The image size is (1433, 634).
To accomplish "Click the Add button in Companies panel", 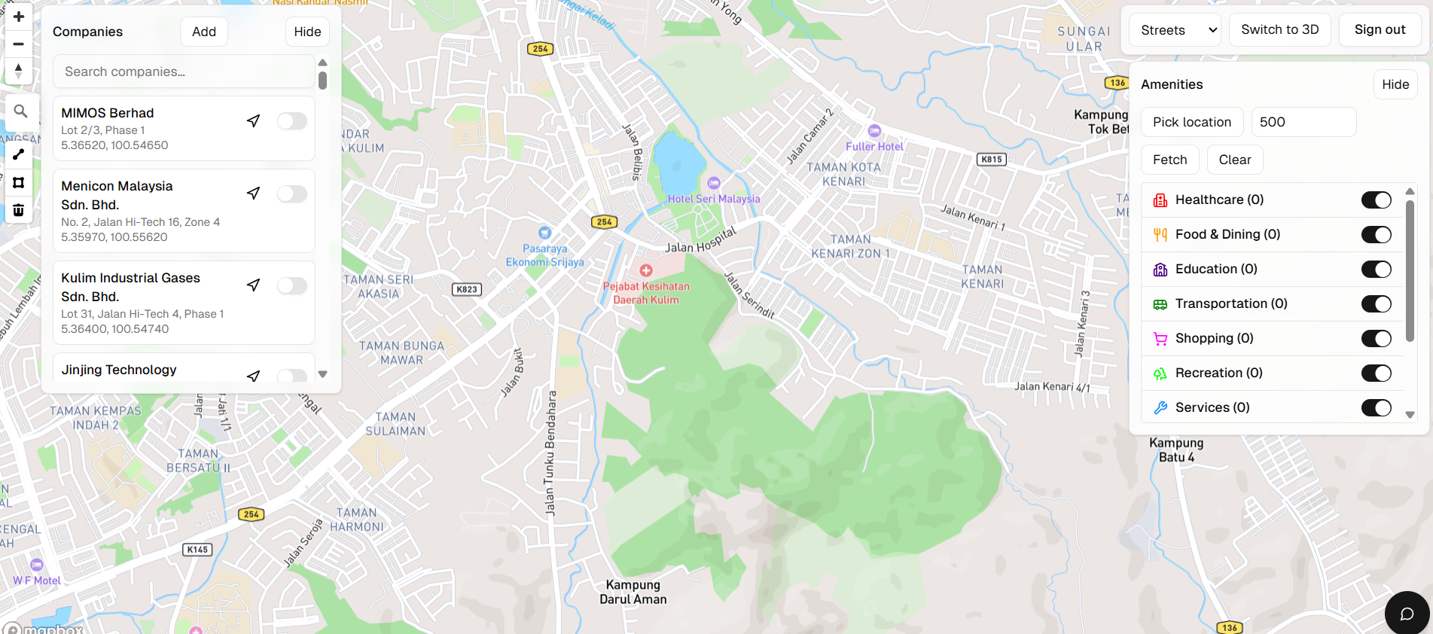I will (x=203, y=32).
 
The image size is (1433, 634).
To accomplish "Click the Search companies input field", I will (x=184, y=72).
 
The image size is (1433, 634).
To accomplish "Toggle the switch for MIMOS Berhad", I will (x=291, y=121).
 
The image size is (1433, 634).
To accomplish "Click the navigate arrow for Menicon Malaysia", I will (x=254, y=194).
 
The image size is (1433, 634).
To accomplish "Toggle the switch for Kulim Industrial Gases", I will (x=291, y=285).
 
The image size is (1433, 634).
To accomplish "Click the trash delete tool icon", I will (x=19, y=210).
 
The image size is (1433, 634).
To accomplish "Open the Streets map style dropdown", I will (x=1175, y=30).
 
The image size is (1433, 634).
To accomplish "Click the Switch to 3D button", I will (x=1279, y=29).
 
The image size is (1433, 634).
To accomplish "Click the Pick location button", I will (x=1191, y=122).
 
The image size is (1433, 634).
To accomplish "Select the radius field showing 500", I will (x=1303, y=122).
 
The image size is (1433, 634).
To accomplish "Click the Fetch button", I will (x=1169, y=160).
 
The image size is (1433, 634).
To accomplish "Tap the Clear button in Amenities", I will (x=1234, y=160).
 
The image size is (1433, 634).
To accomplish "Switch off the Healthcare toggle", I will (x=1376, y=200).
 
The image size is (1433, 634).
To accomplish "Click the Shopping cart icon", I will (x=1160, y=339).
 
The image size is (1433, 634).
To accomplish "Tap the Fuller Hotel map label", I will (x=874, y=146).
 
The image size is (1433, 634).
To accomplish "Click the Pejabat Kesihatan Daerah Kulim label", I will (x=646, y=292).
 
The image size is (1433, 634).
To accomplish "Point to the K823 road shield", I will (x=467, y=289).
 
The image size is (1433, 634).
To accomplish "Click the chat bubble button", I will (x=1406, y=614).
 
